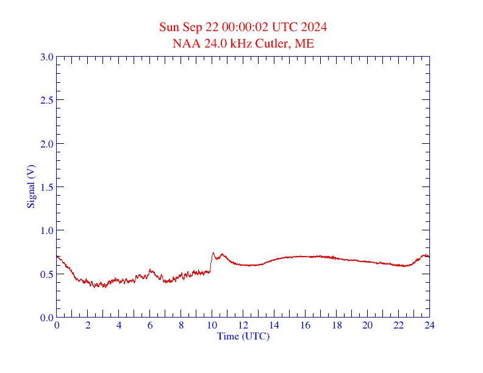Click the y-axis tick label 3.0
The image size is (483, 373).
[x=46, y=57]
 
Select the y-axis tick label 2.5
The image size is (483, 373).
[x=46, y=101]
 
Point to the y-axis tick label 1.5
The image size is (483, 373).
[x=46, y=187]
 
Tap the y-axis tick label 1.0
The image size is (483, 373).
[x=46, y=231]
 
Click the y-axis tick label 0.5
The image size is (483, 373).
[x=46, y=274]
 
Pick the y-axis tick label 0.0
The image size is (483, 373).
[x=46, y=318]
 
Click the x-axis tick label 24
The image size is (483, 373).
[x=429, y=325]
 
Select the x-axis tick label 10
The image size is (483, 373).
[x=212, y=325]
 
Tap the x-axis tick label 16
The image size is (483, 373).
[x=306, y=325]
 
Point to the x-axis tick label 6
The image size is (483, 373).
[x=150, y=325]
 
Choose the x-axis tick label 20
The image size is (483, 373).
[x=367, y=325]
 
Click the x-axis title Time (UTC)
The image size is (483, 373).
[x=243, y=336]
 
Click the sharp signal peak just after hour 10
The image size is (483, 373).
[x=213, y=253]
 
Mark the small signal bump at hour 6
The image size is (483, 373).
[x=150, y=270]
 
